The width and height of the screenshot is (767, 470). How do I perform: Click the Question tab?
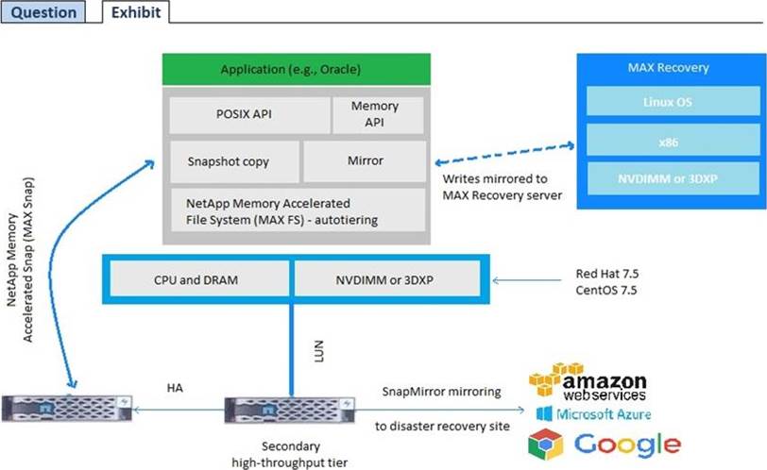tap(43, 12)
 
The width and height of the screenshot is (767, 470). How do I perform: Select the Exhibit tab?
tap(135, 12)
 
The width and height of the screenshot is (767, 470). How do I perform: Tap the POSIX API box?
tap(248, 114)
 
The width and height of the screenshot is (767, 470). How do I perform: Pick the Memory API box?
tap(374, 114)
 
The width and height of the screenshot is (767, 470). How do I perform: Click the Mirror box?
tap(365, 161)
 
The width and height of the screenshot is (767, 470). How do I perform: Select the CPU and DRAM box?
tap(196, 279)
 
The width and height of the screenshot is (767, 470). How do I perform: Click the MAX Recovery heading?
tap(668, 68)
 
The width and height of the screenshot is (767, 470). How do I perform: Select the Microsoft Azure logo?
tap(593, 414)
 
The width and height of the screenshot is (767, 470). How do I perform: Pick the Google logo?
tap(605, 445)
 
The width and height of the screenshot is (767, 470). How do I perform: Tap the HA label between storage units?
tap(175, 388)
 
